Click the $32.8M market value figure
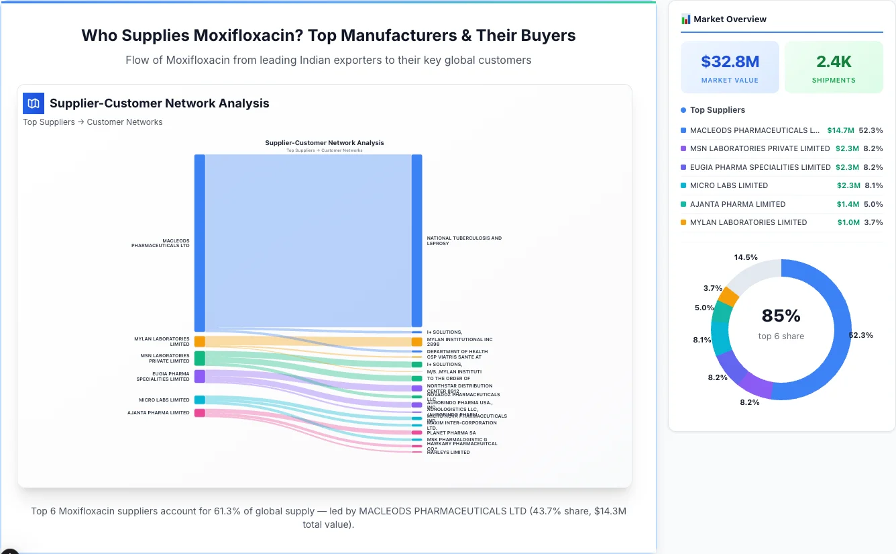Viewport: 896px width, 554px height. point(730,62)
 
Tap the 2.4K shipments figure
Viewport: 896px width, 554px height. point(834,62)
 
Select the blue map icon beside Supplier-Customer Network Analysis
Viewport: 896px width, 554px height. point(33,103)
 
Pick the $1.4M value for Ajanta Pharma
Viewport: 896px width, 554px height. point(848,204)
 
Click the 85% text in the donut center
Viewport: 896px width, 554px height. point(781,316)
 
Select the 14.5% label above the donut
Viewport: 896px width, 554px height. point(746,257)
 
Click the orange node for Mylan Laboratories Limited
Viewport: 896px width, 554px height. point(199,342)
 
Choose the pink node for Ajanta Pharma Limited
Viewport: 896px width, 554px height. point(199,413)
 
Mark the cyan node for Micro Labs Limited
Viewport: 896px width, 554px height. point(199,400)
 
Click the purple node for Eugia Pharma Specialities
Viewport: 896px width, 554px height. point(199,376)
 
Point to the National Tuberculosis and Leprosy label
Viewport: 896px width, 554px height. point(463,240)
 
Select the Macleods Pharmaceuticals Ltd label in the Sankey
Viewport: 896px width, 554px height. point(160,243)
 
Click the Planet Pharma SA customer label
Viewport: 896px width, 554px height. point(451,433)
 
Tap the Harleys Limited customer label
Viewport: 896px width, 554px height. point(448,453)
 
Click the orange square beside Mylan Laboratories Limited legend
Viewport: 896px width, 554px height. point(683,222)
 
